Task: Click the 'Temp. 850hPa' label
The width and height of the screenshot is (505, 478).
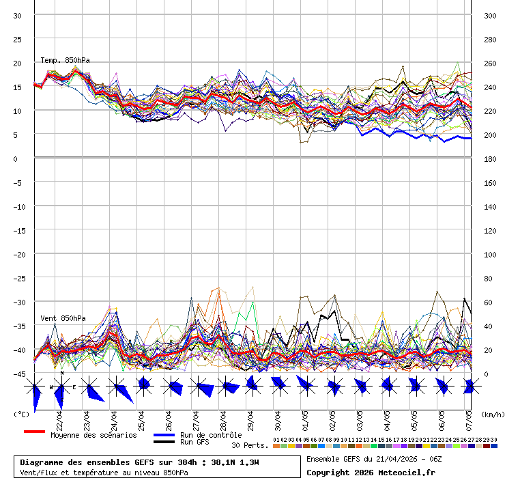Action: pos(66,60)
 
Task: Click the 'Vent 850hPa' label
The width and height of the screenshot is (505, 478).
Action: pos(63,318)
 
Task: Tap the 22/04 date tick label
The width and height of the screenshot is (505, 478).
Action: pos(59,418)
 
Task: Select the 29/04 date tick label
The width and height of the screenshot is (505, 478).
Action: pos(250,418)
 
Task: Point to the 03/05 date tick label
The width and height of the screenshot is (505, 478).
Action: pos(360,418)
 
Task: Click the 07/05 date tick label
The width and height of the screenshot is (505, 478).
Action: pos(469,418)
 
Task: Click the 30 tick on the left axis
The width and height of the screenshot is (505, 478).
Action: pos(18,15)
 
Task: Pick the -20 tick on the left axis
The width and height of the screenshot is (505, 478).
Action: pos(18,254)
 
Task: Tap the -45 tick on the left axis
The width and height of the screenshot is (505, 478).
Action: pos(18,374)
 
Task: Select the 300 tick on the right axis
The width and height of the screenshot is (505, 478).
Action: pos(490,15)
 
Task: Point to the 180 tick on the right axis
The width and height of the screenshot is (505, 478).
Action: pos(490,158)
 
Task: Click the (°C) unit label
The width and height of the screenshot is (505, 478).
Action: pos(21,414)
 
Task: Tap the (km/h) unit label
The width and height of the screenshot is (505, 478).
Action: pos(491,414)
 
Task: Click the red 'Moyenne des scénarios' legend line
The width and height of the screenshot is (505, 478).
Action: pos(34,432)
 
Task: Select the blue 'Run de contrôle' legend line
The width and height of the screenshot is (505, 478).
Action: pos(164,435)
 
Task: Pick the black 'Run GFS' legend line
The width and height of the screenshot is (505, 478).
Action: pos(164,442)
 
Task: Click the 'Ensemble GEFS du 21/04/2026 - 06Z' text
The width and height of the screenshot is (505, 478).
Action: pos(375,458)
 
